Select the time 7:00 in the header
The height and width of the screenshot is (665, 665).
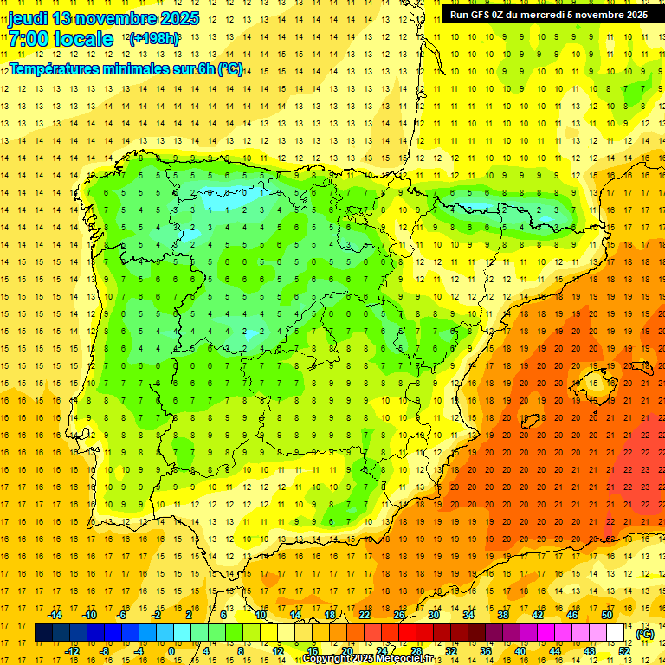coord(28,39)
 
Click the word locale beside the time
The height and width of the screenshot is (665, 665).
coord(83,39)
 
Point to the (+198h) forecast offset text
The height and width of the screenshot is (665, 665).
coord(154,39)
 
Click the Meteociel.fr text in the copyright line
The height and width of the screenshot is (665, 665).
coord(409,659)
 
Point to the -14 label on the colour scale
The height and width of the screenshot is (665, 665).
coord(55,615)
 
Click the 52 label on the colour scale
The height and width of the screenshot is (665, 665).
coord(624,651)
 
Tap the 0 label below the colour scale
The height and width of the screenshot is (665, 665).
coord(171,651)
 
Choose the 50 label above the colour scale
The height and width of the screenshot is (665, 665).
coord(606,615)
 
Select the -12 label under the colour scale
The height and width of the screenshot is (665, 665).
coord(72,651)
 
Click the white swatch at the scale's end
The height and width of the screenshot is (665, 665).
coord(616,633)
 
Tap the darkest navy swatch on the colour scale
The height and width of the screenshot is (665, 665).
coord(43,633)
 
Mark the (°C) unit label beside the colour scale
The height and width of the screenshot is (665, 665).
coord(645,634)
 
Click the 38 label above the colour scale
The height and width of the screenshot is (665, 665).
coord(502,615)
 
